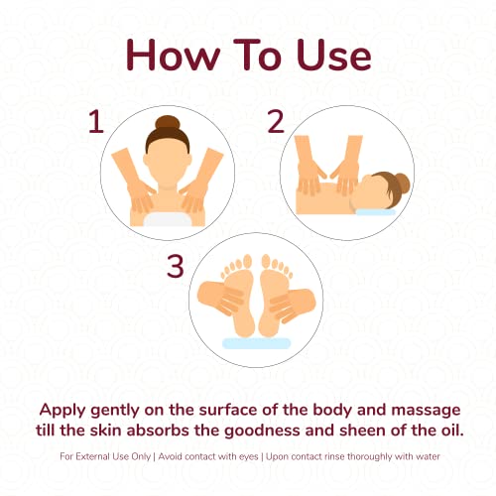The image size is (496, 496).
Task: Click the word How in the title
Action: click(173, 55)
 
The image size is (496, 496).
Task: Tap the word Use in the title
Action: click(333, 55)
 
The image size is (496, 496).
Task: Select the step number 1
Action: click(96, 122)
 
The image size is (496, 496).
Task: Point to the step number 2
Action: click(276, 122)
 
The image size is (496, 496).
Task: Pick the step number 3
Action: click(175, 266)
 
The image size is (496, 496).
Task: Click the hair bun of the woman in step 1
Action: click(168, 122)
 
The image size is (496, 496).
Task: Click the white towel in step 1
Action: click(169, 219)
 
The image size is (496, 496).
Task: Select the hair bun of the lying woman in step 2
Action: click(402, 184)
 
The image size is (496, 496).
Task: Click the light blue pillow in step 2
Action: click(375, 212)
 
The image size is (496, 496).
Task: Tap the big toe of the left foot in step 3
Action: click(247, 261)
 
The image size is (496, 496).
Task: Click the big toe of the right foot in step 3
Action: click(266, 261)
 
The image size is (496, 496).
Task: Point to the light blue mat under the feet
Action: click(256, 343)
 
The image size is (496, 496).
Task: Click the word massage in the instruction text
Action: click(426, 411)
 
